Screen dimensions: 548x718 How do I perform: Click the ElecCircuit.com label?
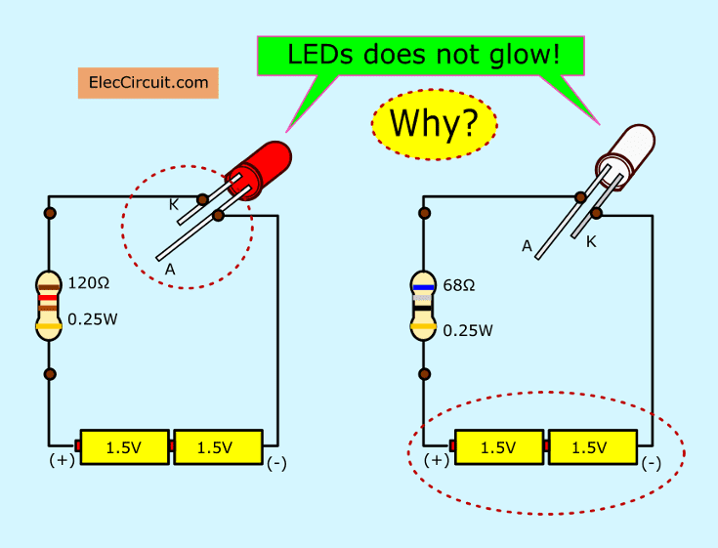tap(148, 83)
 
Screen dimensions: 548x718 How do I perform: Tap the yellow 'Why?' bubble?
tap(434, 123)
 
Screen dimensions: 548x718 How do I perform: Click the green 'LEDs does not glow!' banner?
tap(423, 56)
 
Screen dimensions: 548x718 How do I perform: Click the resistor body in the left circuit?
tap(49, 306)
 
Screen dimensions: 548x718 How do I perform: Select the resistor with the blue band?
tap(423, 306)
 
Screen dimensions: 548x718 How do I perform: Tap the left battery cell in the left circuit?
tap(124, 447)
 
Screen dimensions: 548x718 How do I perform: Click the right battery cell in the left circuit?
tap(215, 447)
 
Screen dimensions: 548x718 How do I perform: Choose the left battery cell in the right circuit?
tap(498, 447)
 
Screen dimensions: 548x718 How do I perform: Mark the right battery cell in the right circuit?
tap(589, 447)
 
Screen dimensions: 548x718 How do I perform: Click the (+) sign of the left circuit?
tap(62, 458)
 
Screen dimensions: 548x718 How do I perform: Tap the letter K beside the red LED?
tap(173, 205)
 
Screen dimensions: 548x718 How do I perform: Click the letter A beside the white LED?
tap(527, 247)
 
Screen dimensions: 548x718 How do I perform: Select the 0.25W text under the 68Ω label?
tap(468, 331)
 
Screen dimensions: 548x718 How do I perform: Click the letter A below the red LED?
tap(170, 269)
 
